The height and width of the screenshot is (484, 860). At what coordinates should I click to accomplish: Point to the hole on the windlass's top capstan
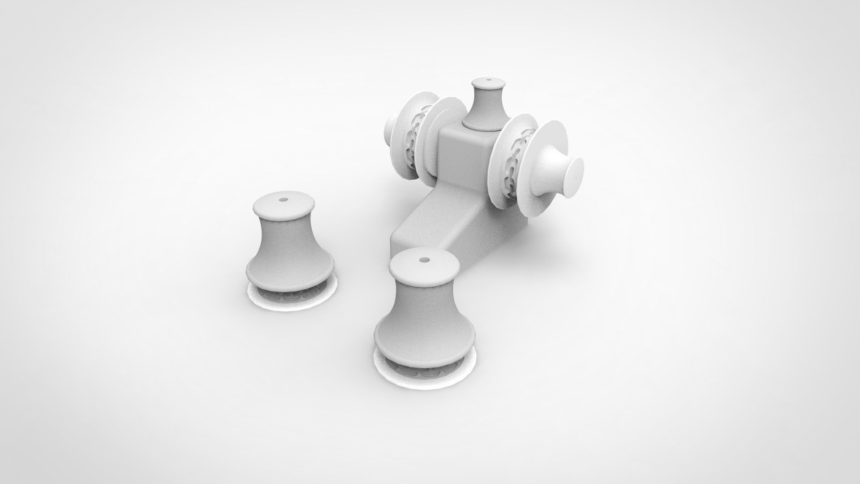(488, 81)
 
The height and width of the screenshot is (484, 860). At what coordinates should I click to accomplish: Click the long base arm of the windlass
(430, 224)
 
